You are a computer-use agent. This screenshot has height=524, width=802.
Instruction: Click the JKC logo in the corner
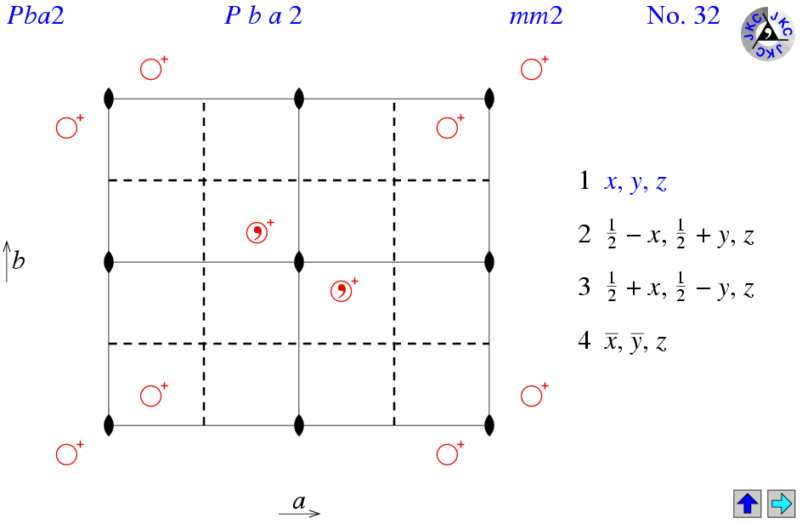pyautogui.click(x=767, y=33)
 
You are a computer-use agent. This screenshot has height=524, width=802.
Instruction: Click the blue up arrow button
pyautogui.click(x=748, y=504)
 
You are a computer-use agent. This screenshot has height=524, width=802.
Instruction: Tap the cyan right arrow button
pyautogui.click(x=781, y=504)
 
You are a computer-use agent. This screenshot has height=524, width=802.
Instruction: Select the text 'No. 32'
pyautogui.click(x=683, y=15)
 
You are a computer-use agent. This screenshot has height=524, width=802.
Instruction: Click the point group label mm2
pyautogui.click(x=536, y=16)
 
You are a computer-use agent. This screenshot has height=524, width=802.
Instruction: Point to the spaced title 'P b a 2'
pyautogui.click(x=263, y=15)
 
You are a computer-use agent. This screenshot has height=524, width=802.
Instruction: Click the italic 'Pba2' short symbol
pyautogui.click(x=36, y=15)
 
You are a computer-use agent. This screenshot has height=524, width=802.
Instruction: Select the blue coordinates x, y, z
pyautogui.click(x=635, y=182)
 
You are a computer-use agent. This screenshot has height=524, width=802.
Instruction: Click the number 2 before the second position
pyautogui.click(x=585, y=234)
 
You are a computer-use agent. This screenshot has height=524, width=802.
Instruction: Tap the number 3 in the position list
pyautogui.click(x=585, y=287)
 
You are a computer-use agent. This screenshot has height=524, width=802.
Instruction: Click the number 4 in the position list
pyautogui.click(x=585, y=339)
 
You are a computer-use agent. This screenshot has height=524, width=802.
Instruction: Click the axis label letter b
pyautogui.click(x=19, y=260)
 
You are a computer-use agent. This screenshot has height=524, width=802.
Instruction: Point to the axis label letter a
pyautogui.click(x=299, y=502)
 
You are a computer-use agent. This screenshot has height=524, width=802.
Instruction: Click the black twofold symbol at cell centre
pyautogui.click(x=299, y=262)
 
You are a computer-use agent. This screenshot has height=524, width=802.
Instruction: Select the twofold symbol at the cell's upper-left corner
pyautogui.click(x=109, y=99)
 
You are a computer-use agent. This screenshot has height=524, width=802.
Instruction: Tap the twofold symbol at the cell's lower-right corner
pyautogui.click(x=489, y=425)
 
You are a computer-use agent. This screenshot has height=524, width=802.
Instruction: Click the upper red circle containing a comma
pyautogui.click(x=257, y=232)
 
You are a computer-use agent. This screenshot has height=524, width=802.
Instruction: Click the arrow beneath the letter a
pyautogui.click(x=300, y=513)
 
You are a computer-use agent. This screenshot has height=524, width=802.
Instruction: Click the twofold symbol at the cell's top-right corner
pyautogui.click(x=489, y=99)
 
